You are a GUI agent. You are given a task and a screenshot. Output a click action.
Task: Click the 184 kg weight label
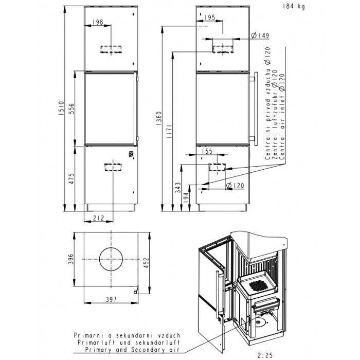click(294, 6)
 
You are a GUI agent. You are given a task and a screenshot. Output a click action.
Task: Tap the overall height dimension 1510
click(62, 108)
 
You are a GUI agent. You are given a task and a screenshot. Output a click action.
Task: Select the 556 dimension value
click(71, 109)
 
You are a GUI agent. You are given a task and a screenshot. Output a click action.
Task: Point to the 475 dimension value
click(71, 178)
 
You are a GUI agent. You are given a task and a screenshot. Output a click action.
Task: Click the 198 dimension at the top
click(98, 22)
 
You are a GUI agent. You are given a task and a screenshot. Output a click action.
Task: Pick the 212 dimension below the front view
click(99, 218)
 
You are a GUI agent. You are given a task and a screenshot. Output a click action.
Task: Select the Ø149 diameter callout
click(260, 35)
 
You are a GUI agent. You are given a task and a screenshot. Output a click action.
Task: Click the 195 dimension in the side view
click(210, 17)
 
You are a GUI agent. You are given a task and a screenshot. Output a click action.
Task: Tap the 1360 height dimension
click(159, 118)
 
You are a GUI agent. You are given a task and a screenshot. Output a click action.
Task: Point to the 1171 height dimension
click(169, 131)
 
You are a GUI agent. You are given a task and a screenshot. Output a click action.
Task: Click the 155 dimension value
click(207, 151)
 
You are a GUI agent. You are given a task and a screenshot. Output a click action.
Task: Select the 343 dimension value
click(178, 188)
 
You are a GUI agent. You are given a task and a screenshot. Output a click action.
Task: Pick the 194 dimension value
click(186, 197)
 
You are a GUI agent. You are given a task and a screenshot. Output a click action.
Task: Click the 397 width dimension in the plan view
click(112, 299)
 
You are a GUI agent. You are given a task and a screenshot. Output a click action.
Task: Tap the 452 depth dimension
click(146, 263)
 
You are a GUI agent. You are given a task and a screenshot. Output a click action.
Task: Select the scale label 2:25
click(265, 356)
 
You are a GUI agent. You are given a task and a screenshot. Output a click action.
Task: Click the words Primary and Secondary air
click(132, 350)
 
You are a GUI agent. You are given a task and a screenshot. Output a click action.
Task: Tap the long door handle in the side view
click(256, 109)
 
